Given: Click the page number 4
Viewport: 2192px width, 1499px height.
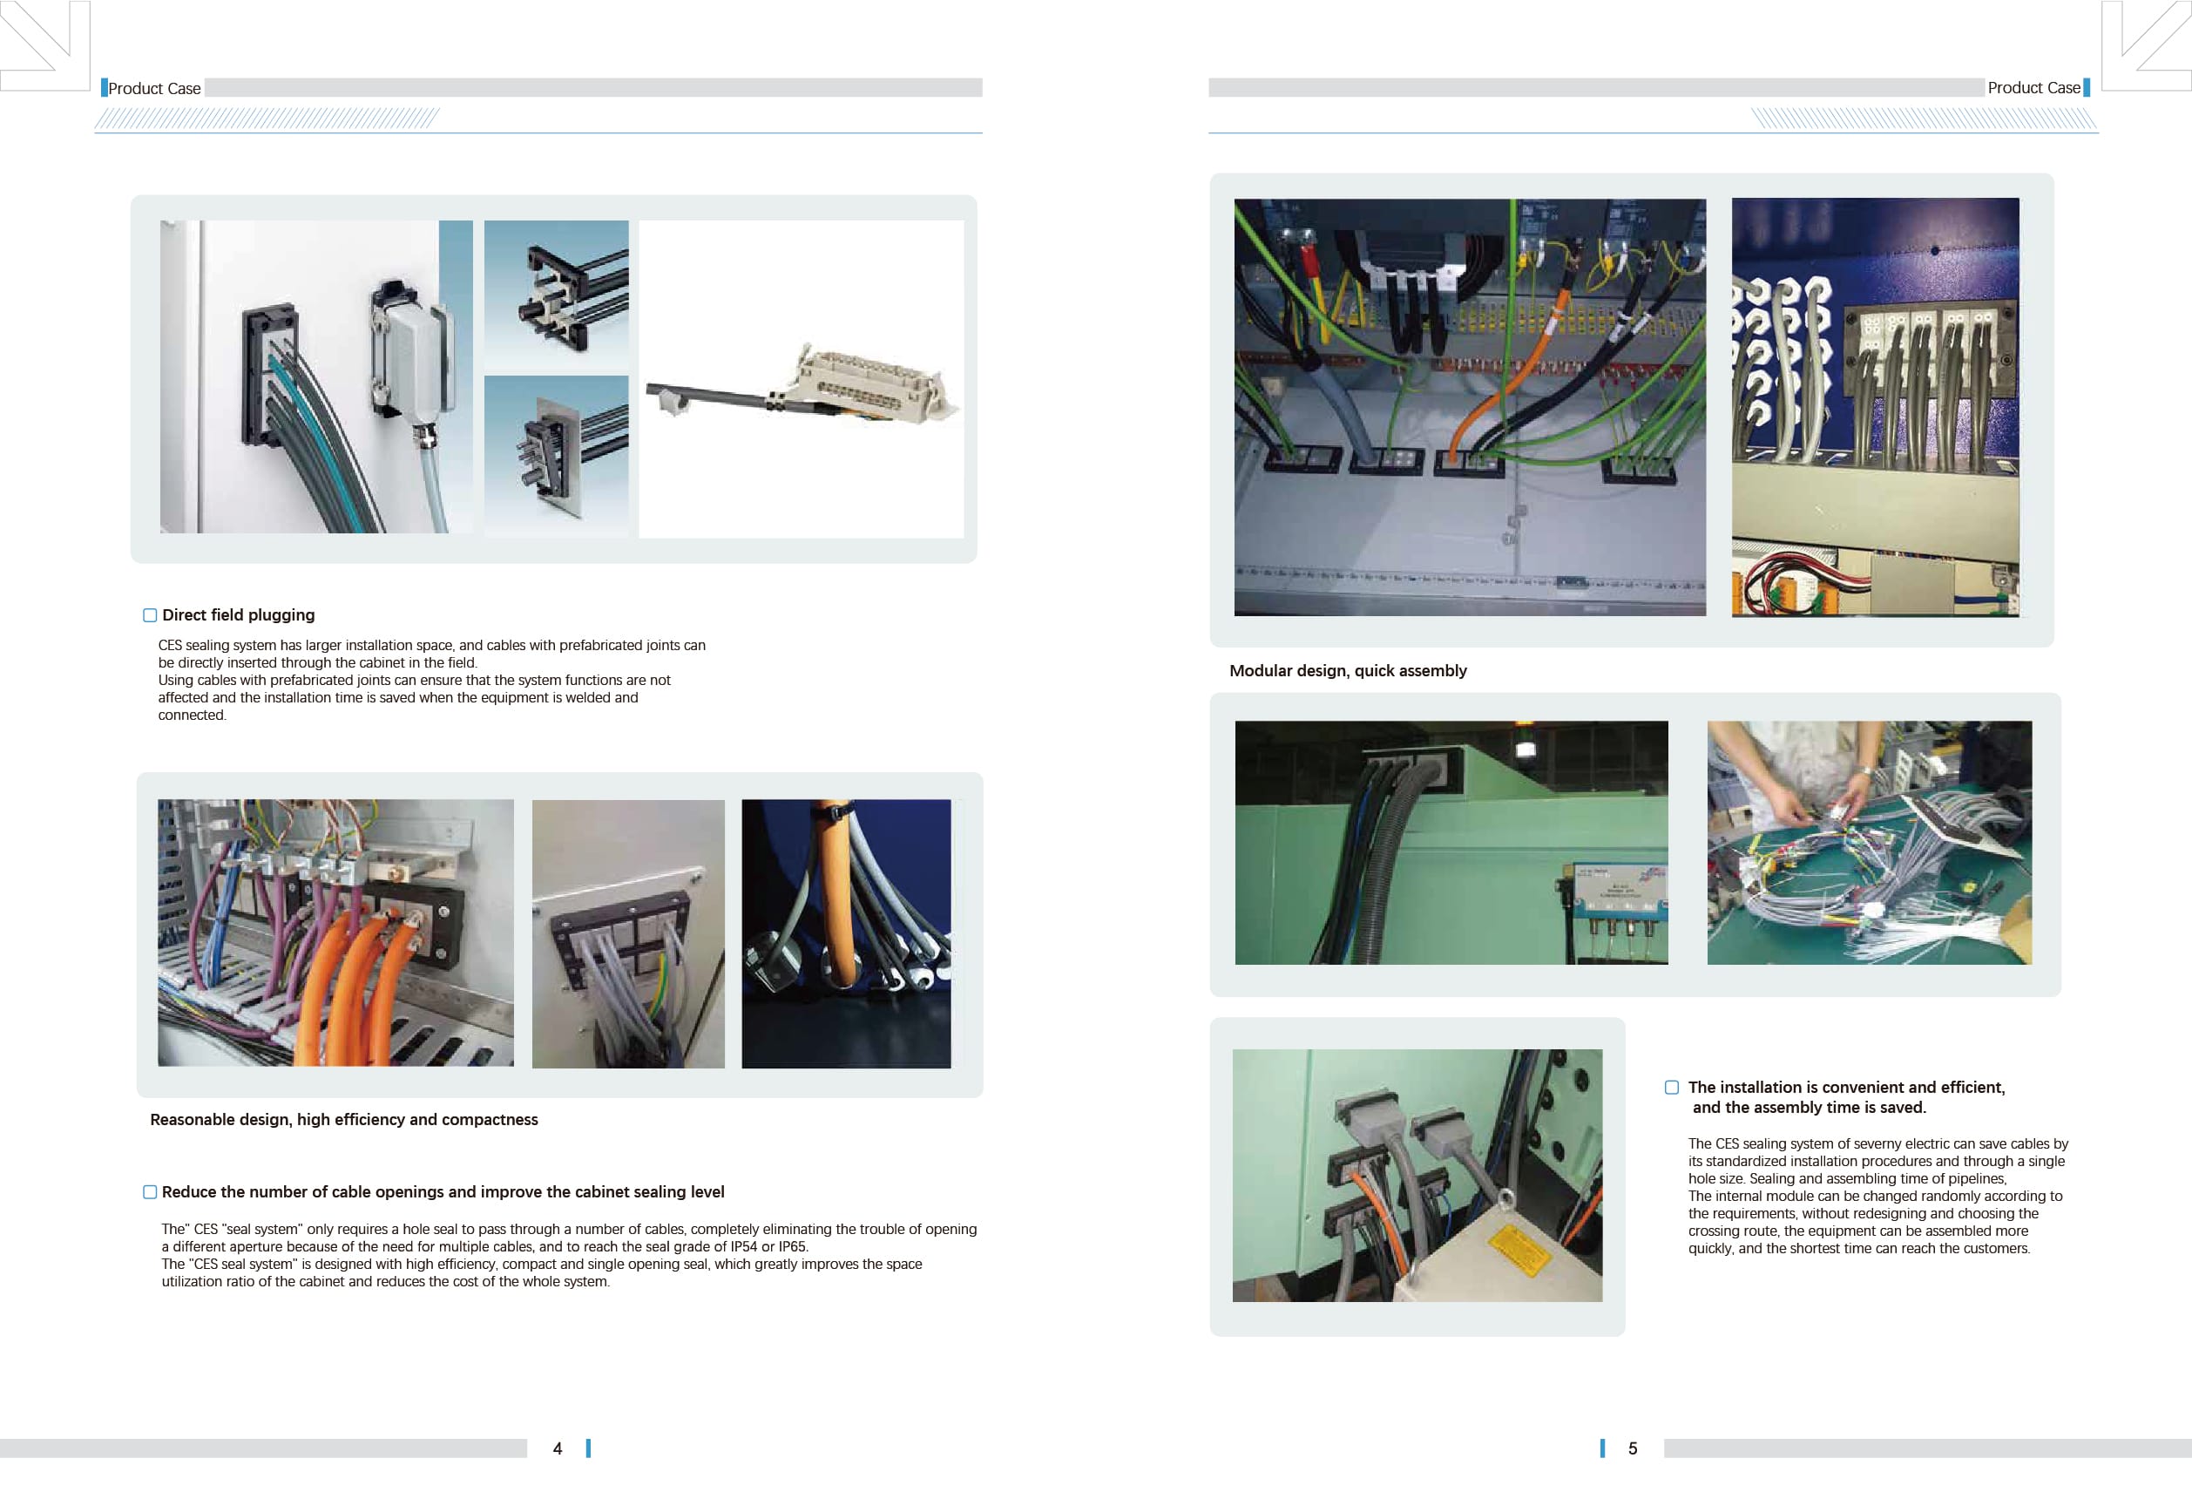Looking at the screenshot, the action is click(558, 1448).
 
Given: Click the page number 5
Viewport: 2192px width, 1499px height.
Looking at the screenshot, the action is click(1633, 1448).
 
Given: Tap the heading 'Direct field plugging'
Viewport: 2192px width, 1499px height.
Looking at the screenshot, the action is click(239, 615).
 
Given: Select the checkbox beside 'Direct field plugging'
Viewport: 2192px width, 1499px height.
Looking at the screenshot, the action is click(150, 615).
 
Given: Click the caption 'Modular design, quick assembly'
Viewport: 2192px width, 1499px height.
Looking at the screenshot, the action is click(1348, 671).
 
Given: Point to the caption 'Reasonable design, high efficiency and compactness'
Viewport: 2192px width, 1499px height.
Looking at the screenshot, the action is click(344, 1120).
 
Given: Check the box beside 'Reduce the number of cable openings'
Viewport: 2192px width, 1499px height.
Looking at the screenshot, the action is click(150, 1192).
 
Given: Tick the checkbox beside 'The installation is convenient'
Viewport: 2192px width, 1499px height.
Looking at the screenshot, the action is click(1672, 1088).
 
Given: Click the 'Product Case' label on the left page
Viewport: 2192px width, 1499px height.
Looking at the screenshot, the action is click(155, 89).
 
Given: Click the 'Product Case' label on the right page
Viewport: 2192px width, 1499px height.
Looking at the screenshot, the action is click(2033, 88).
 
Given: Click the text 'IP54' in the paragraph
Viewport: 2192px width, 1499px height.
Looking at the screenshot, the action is click(744, 1246).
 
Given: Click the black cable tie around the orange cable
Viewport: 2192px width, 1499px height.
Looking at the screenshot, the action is click(834, 811).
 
